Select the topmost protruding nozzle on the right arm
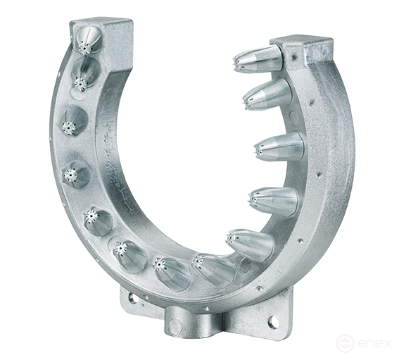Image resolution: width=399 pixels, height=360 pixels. pyautogui.click(x=258, y=60)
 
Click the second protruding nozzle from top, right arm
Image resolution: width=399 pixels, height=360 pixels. pyautogui.click(x=267, y=94)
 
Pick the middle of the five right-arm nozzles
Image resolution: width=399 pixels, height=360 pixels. pyautogui.click(x=279, y=147)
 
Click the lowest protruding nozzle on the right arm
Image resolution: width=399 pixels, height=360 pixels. pyautogui.click(x=251, y=244)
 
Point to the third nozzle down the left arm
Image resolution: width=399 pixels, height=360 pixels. pyautogui.click(x=72, y=121)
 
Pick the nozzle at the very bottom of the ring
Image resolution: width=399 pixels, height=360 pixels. pyautogui.click(x=171, y=272)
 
